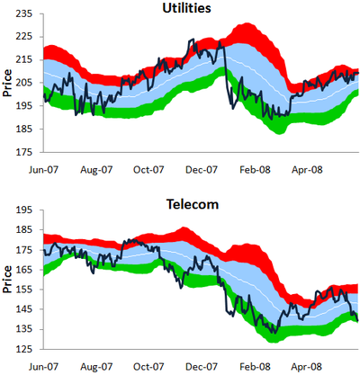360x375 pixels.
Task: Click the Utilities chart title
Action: (x=186, y=8)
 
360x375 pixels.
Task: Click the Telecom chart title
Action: (x=193, y=204)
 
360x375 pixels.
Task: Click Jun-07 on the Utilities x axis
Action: (x=43, y=170)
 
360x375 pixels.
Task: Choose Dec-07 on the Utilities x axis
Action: (x=202, y=170)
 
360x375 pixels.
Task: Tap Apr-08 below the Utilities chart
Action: (x=307, y=170)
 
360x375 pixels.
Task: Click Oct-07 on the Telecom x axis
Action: (x=148, y=367)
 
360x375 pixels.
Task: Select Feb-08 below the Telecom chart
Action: (x=255, y=367)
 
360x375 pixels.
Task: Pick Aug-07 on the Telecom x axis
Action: (x=96, y=367)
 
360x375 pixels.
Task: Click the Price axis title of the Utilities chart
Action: (x=7, y=83)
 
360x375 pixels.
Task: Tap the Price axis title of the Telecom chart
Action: (x=7, y=280)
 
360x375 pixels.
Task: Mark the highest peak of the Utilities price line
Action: (x=193, y=39)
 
